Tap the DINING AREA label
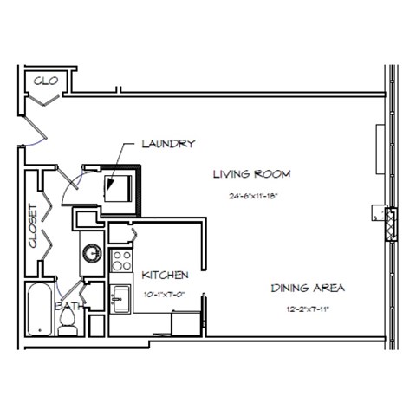(309, 288)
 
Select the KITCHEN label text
(165, 276)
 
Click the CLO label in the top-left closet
(45, 81)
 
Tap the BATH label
(69, 306)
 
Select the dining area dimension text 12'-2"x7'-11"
(308, 309)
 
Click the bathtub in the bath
(39, 310)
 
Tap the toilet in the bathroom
(68, 322)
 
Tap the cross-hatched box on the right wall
(391, 222)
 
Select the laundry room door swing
(76, 178)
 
